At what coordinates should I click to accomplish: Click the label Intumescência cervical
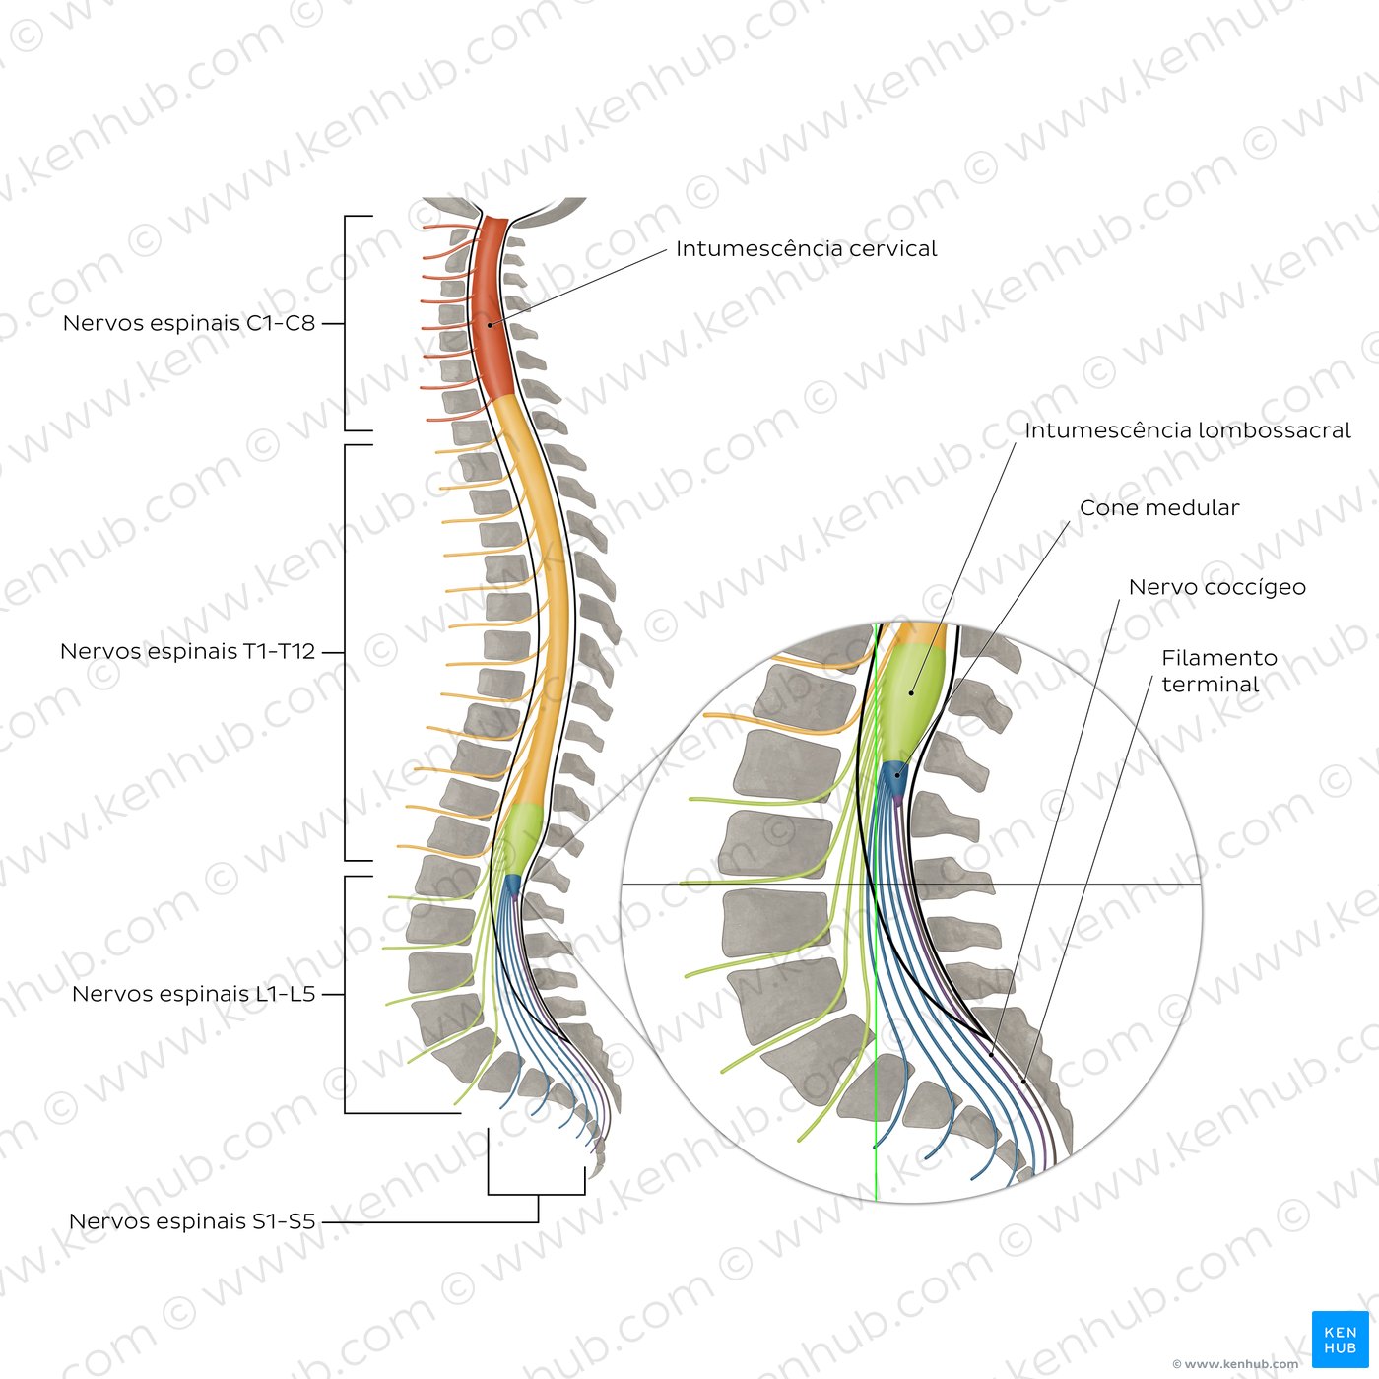coord(806,248)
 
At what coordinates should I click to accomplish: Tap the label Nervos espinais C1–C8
coord(189,323)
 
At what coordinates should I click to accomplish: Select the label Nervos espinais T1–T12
coord(187,651)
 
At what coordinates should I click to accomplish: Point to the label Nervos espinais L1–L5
coord(194,994)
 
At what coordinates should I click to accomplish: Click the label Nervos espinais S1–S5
coord(192,1221)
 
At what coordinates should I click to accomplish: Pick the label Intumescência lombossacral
coord(1187,430)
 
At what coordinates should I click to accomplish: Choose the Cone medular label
coord(1159,507)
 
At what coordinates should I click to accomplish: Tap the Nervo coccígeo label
coord(1217,587)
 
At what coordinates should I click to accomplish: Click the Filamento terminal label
coord(1218,671)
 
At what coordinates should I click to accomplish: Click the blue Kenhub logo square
coord(1340,1340)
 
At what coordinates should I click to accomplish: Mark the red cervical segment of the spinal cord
coord(492,307)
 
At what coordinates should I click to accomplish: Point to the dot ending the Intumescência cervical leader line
coord(491,325)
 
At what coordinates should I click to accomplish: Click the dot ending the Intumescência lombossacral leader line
coord(911,692)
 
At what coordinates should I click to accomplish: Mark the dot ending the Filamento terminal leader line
coord(1024,1082)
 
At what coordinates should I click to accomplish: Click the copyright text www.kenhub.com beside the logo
coord(1236,1364)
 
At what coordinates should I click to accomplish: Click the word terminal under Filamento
coord(1211,685)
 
